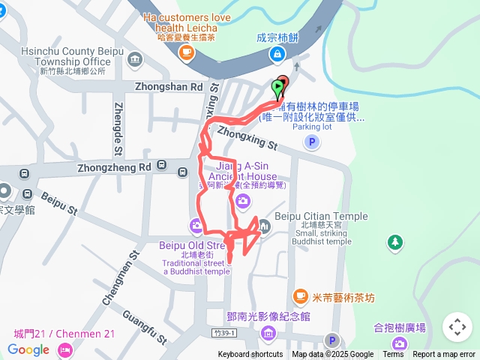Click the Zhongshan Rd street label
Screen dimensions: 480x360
click(169, 87)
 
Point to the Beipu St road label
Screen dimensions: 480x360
click(59, 202)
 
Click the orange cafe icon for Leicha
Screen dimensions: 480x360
click(186, 52)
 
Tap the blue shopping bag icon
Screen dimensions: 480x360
click(278, 54)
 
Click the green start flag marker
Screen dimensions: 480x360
click(277, 89)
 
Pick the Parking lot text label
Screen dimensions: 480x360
click(312, 127)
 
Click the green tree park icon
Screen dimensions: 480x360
click(394, 242)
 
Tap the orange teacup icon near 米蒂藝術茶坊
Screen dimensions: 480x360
click(301, 297)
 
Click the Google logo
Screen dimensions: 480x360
click(28, 349)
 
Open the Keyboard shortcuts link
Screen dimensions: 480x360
click(250, 355)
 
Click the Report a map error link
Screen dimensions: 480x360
click(443, 355)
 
